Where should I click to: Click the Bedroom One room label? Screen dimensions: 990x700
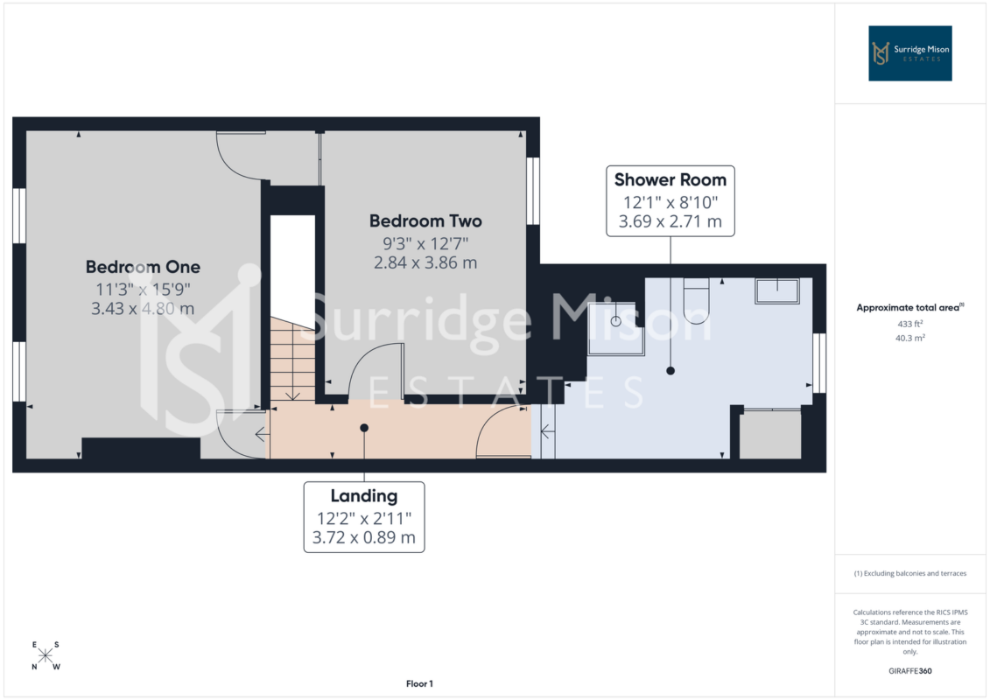click(143, 267)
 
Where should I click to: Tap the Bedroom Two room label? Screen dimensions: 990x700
click(425, 220)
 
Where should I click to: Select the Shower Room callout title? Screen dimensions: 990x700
click(671, 180)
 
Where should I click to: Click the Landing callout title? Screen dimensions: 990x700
click(364, 496)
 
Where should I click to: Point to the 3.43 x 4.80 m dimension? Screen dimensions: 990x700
click(143, 309)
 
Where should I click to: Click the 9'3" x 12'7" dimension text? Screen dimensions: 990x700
click(425, 243)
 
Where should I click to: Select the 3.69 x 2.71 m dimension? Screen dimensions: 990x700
click(671, 221)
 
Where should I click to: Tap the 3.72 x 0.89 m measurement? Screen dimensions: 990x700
click(364, 538)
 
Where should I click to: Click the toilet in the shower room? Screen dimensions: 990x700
click(697, 300)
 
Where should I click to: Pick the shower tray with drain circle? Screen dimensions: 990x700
click(616, 328)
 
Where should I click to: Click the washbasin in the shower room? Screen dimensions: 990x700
click(777, 291)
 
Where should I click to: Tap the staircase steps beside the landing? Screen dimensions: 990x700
click(292, 359)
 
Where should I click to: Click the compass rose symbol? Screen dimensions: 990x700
click(46, 656)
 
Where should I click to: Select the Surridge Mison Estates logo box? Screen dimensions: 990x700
click(909, 53)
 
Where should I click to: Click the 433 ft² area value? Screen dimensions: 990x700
click(909, 324)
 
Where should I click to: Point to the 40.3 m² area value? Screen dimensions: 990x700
click(909, 339)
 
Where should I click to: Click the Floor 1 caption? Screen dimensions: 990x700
click(419, 683)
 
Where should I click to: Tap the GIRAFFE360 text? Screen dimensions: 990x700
click(909, 671)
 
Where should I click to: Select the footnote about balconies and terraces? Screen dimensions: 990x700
click(909, 574)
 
